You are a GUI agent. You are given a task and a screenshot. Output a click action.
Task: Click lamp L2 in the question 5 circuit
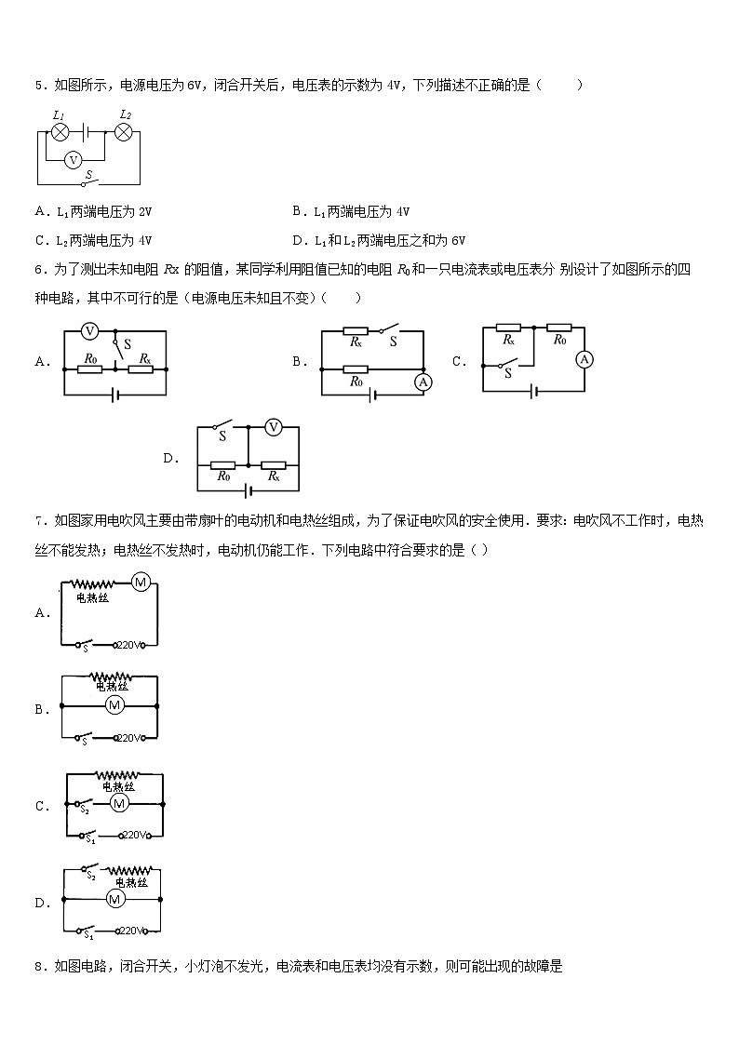click(123, 133)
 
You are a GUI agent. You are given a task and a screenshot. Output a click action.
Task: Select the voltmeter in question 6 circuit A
click(90, 330)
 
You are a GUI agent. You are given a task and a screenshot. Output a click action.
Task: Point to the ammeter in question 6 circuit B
click(423, 382)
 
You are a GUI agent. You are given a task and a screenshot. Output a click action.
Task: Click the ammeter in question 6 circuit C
click(584, 359)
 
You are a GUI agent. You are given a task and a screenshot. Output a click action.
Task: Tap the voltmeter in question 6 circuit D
click(274, 427)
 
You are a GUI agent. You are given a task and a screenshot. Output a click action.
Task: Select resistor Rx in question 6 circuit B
click(355, 330)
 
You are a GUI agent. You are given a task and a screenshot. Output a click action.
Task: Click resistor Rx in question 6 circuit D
click(274, 464)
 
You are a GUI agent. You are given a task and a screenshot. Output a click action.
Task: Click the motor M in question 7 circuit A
click(141, 583)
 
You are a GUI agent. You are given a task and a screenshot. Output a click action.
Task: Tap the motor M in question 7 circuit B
click(114, 705)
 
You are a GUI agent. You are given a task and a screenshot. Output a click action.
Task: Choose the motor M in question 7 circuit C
click(118, 801)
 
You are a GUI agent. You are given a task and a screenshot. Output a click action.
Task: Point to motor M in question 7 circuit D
click(115, 899)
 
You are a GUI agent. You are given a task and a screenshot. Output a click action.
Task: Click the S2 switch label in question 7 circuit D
click(91, 877)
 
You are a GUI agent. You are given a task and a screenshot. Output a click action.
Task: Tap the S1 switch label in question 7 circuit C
click(90, 840)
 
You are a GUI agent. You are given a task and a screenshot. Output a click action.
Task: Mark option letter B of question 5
click(296, 211)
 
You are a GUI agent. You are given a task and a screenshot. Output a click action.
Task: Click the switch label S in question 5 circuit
click(89, 174)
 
